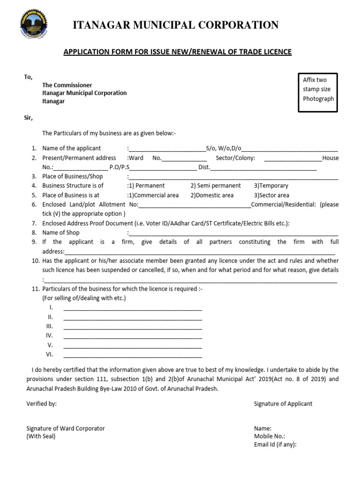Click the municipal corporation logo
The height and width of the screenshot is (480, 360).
coord(33,25)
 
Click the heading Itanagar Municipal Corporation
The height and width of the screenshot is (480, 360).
coord(176,25)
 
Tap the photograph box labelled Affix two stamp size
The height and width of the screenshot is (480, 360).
coord(318,92)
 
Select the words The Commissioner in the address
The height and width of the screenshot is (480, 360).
coord(67,85)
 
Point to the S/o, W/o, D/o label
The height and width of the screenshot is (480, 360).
coord(224,149)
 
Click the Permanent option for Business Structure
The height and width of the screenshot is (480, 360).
coord(146,186)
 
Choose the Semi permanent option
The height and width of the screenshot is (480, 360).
coord(216,186)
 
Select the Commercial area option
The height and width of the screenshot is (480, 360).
coord(153,195)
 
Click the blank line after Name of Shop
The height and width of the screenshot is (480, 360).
coord(233,233)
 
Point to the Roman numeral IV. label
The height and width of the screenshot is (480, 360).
coord(49,336)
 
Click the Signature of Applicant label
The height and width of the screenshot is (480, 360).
coord(283,404)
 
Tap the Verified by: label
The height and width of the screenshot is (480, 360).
coord(41,404)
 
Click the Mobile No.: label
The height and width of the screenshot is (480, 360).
coord(270,436)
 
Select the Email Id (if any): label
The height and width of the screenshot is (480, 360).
coord(275,445)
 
